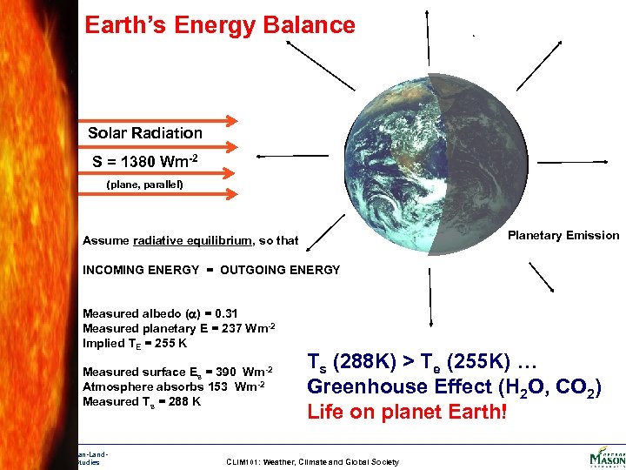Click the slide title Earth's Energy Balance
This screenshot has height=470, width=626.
coord(220,25)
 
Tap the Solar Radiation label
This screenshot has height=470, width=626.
coord(145,133)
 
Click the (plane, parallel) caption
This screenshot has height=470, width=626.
coord(144,185)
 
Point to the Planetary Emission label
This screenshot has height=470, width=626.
coord(563,235)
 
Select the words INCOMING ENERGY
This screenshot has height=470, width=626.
coord(141,270)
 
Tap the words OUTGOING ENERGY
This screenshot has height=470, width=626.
coord(280,270)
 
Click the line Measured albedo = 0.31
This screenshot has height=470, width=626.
coord(160,313)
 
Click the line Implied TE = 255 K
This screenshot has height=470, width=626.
coord(135,343)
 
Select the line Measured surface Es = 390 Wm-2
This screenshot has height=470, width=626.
coord(178,372)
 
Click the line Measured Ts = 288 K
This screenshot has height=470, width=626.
coord(142,401)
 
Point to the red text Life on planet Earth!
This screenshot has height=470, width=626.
coord(406,412)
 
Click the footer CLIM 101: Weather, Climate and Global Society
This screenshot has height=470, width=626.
coord(313,462)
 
